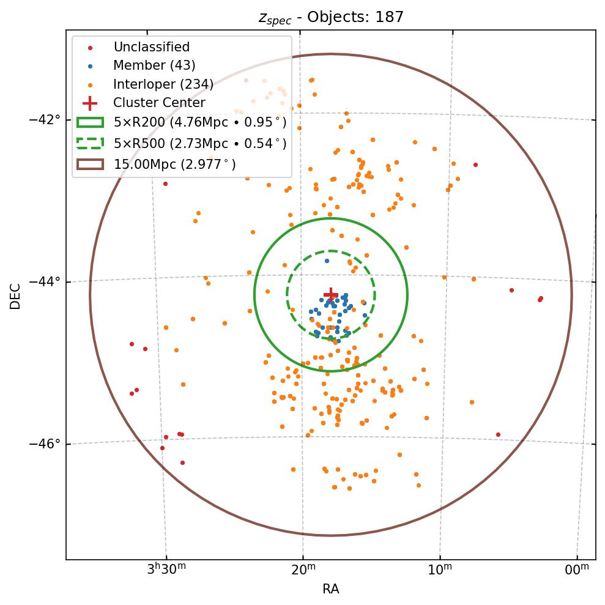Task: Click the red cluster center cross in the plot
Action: (331, 294)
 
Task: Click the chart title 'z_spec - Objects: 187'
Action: (331, 17)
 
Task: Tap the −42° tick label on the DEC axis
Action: (45, 119)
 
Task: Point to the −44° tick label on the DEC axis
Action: (45, 281)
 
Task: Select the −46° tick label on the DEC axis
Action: (45, 444)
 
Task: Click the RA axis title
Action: (331, 589)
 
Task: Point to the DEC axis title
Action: (15, 295)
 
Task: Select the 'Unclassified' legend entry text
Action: (151, 47)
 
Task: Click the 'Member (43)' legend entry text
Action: (154, 65)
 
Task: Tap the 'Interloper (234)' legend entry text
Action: (163, 84)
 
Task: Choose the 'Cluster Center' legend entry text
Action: (159, 103)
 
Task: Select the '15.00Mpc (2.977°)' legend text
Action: (175, 164)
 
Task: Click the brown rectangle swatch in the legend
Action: (90, 164)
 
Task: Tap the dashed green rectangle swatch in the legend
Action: (90, 144)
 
